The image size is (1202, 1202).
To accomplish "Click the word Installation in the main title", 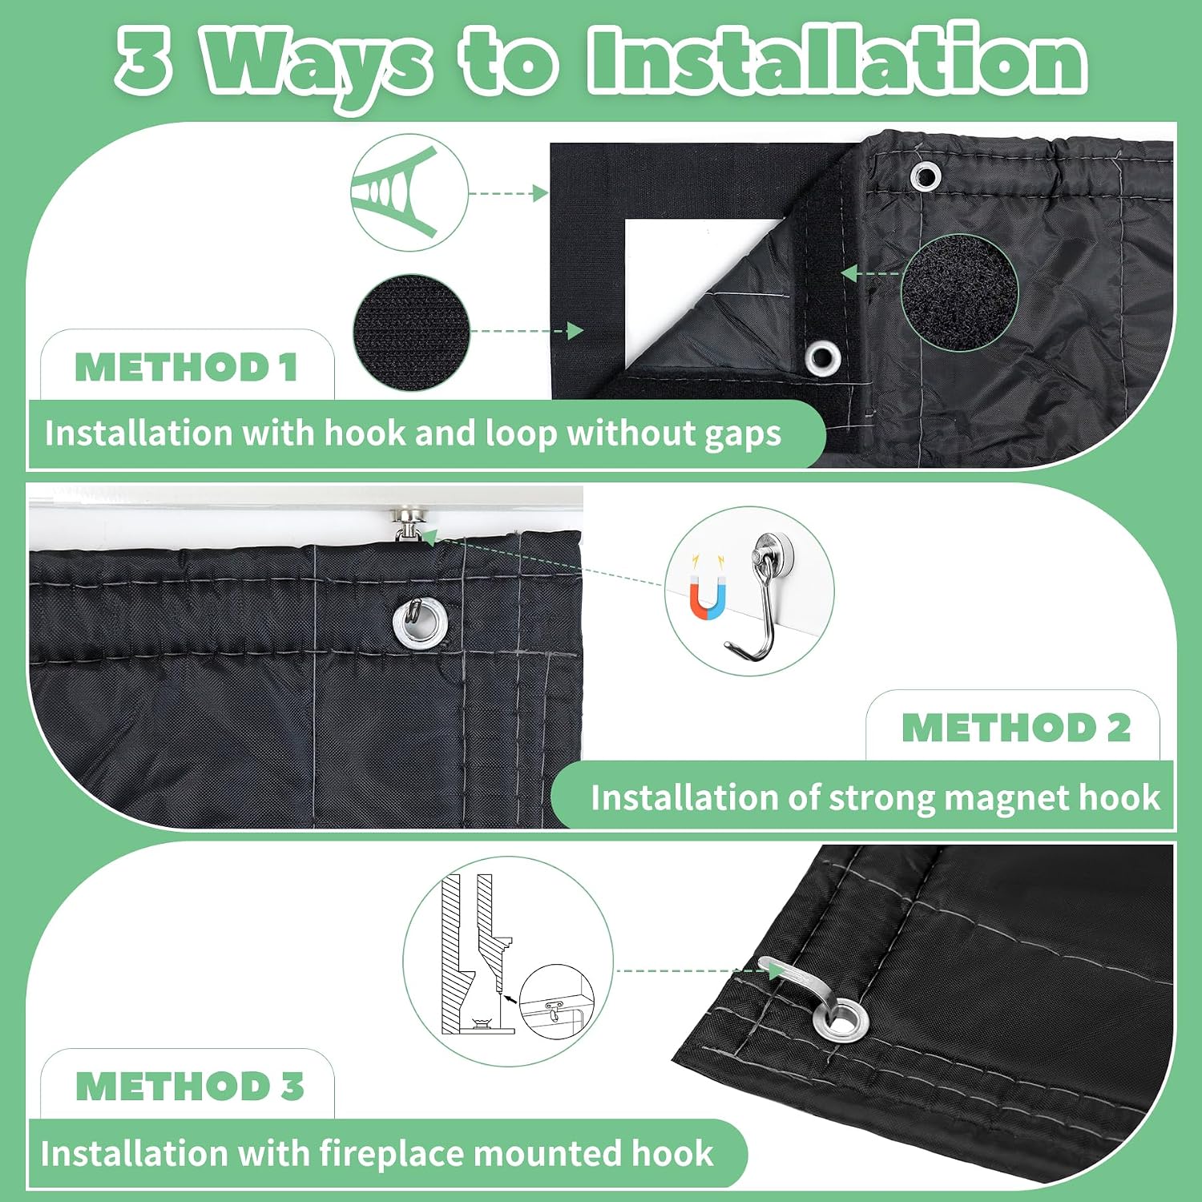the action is point(837,60).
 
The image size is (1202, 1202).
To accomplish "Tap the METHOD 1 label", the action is point(186,368).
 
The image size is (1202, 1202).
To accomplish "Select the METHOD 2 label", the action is point(1016,728).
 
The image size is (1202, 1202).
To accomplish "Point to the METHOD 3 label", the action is point(190,1087).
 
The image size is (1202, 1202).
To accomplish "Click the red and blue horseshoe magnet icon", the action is point(708,596).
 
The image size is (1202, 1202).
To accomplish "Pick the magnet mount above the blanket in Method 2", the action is point(409,523).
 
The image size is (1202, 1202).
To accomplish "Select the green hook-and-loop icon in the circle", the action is point(395,192).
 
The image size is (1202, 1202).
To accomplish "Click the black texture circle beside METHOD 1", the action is point(411,333).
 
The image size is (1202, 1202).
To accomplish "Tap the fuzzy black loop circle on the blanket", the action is point(959,292).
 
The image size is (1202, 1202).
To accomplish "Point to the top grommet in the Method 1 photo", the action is point(926,175).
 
